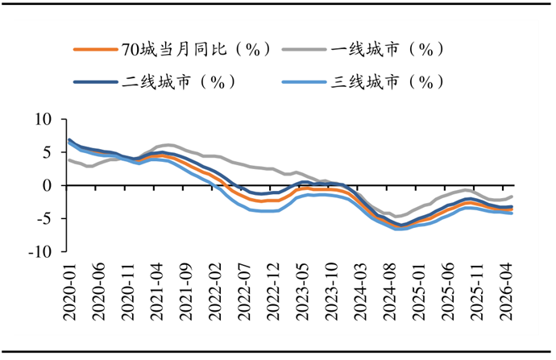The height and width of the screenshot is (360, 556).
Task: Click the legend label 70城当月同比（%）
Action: [x=196, y=49]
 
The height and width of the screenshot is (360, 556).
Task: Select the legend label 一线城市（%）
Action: [x=388, y=49]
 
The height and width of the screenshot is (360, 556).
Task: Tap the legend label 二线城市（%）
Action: [x=179, y=82]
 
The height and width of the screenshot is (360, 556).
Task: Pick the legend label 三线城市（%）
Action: [x=388, y=82]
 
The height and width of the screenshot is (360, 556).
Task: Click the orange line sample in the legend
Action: [x=95, y=50]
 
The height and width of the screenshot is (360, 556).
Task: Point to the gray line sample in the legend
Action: [x=305, y=50]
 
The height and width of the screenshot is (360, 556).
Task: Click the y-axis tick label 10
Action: [x=44, y=119]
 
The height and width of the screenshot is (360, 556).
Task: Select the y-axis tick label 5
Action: [x=48, y=152]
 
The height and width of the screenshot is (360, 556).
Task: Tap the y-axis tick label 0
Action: [x=48, y=185]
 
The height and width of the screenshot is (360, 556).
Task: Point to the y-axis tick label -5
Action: [x=44, y=218]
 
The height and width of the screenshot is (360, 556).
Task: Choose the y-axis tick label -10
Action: [x=41, y=251]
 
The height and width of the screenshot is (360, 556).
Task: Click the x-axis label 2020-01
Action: [x=70, y=292]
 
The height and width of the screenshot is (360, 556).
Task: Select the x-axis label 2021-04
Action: [x=157, y=292]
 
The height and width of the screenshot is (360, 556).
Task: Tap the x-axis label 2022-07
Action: [x=244, y=292]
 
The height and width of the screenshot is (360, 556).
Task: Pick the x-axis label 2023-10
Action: [x=331, y=292]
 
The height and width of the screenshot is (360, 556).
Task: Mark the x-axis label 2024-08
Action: [x=390, y=292]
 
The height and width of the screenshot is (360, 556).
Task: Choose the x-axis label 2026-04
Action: [x=506, y=292]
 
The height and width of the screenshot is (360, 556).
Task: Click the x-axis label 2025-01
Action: [x=419, y=292]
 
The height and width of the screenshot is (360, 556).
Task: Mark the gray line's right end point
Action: [x=512, y=197]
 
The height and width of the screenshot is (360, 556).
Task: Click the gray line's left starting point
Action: [x=69, y=160]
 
